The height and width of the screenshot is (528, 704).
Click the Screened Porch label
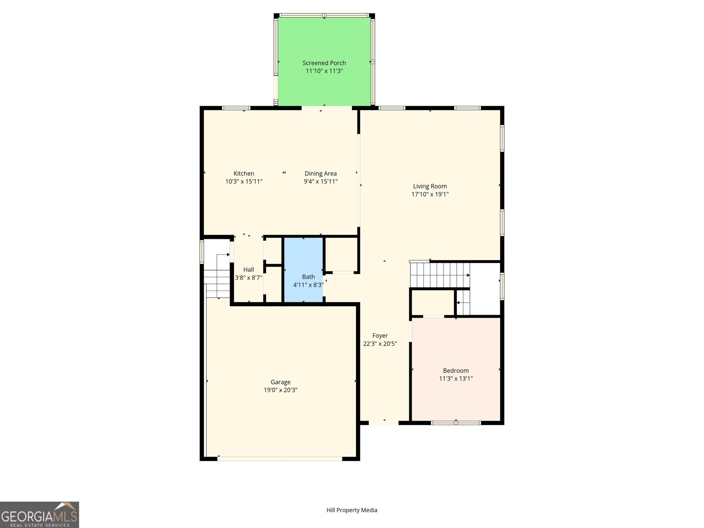[324, 63]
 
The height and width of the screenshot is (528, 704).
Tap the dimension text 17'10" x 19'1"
[430, 194]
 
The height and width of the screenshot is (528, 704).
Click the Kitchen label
[244, 173]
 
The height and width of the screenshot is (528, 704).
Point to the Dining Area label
[320, 173]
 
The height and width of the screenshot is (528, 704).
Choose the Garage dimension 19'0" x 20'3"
[280, 390]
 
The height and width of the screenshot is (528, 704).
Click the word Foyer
[380, 335]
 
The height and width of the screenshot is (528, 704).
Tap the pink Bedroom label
[455, 370]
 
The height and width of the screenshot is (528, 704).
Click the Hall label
[249, 269]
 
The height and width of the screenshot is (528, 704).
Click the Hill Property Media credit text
[352, 510]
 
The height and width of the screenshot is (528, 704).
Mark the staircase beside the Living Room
[440, 275]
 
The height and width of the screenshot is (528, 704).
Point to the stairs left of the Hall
[217, 277]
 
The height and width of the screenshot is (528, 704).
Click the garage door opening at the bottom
[280, 459]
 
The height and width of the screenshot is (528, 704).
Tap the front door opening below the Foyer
[384, 423]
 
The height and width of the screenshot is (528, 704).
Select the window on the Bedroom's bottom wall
[455, 423]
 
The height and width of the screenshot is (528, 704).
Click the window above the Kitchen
[236, 108]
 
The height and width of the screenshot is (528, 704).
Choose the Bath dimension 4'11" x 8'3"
[308, 285]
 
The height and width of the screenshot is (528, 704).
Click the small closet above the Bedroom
[432, 302]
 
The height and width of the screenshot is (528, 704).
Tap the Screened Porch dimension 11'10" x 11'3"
[324, 71]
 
